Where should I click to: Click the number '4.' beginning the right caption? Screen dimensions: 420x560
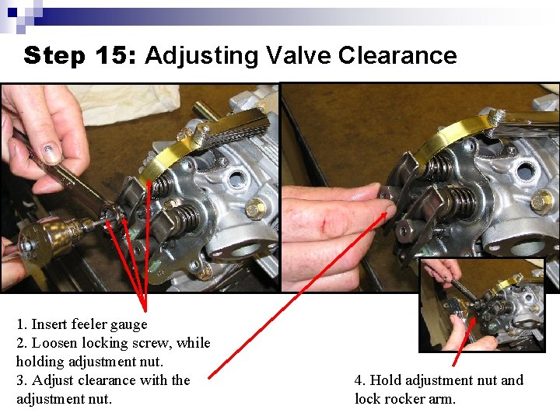360,380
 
